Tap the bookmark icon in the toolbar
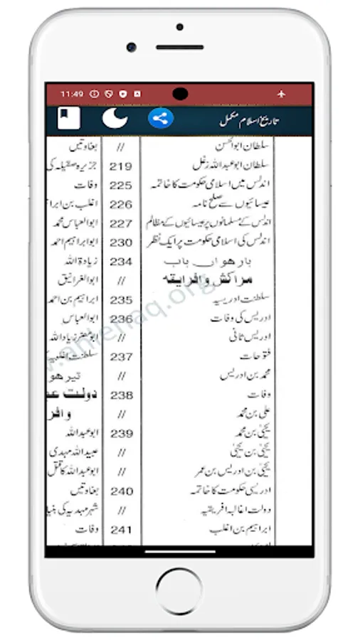[69, 117]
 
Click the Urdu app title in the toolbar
[249, 119]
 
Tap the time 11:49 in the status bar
[72, 93]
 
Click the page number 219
[122, 166]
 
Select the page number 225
[122, 185]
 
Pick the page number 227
[122, 223]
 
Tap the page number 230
[122, 242]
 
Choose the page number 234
[122, 261]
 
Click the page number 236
[122, 319]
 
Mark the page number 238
[122, 395]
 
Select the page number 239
[122, 433]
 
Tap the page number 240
[122, 491]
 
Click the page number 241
[122, 529]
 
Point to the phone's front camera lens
[132, 47]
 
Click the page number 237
[122, 356]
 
